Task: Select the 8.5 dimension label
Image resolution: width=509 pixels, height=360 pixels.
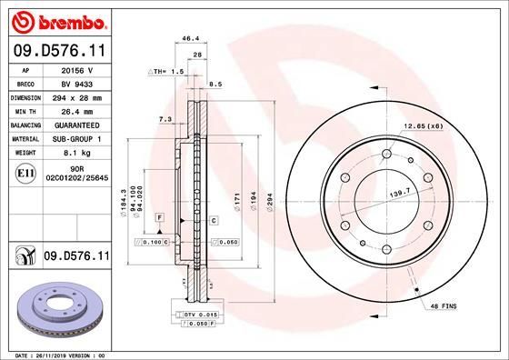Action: tap(215, 84)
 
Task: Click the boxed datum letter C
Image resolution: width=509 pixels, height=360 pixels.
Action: tap(213, 220)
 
